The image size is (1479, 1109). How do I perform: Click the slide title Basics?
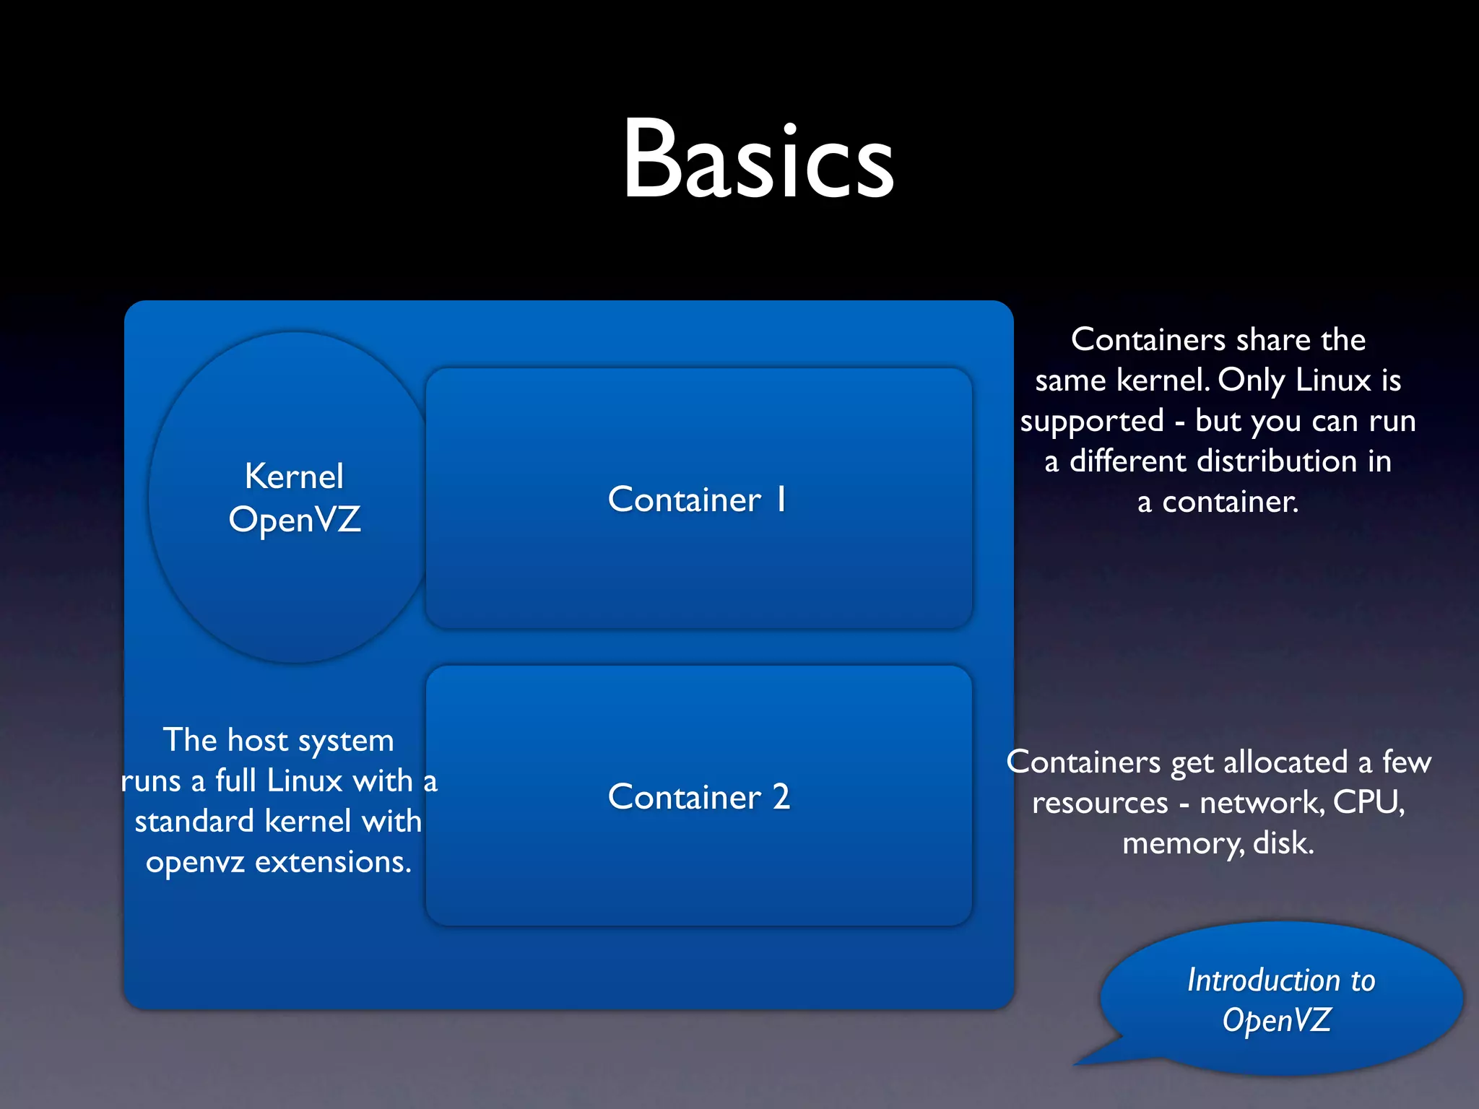[758, 159]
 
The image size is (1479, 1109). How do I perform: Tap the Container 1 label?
[698, 500]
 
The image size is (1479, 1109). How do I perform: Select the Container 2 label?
[699, 797]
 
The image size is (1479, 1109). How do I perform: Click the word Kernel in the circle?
[294, 477]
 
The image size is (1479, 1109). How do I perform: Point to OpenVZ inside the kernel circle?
[294, 520]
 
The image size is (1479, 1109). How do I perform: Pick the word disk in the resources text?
[1283, 843]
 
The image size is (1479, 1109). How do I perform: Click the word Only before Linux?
[1251, 380]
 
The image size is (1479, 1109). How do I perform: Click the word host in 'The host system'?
[258, 741]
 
